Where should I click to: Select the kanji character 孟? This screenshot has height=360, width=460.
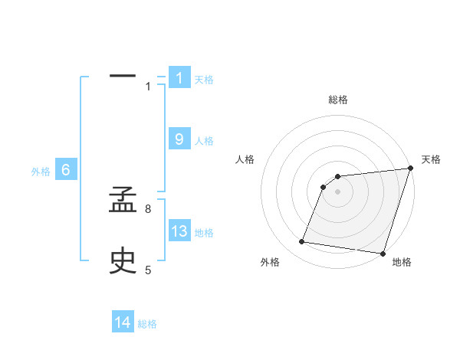(123, 205)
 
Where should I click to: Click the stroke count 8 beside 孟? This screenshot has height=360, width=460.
(148, 208)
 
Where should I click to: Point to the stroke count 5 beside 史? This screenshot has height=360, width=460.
(148, 270)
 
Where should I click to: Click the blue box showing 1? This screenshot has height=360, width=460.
(179, 78)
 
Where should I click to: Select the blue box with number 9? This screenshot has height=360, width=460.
(179, 139)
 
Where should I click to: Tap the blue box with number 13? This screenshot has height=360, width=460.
(179, 231)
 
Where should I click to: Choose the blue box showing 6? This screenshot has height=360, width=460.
(66, 170)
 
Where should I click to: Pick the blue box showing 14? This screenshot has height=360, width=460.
(123, 323)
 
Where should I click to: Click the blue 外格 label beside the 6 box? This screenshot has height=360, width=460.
(41, 172)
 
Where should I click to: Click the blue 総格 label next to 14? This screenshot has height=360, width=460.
(147, 324)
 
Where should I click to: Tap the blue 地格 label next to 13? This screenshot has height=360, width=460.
(204, 233)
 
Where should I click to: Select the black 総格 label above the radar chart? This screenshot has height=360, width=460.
(338, 100)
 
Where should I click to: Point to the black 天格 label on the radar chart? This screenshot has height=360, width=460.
(432, 159)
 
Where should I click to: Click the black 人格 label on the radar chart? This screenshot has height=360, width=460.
(245, 159)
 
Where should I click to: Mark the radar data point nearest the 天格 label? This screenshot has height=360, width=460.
(410, 169)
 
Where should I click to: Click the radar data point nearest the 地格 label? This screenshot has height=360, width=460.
(383, 254)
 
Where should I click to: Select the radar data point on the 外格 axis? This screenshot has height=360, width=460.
(302, 242)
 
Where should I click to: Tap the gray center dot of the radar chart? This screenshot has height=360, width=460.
(338, 192)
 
